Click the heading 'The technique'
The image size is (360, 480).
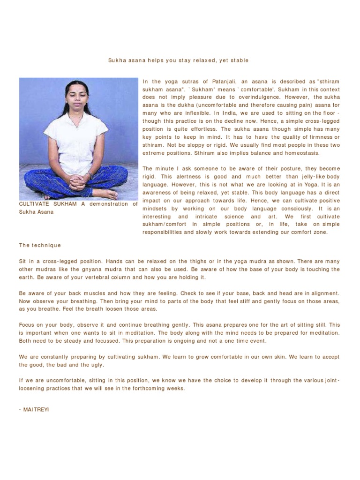click(40, 245)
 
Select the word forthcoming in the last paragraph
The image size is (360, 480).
click(144, 389)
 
